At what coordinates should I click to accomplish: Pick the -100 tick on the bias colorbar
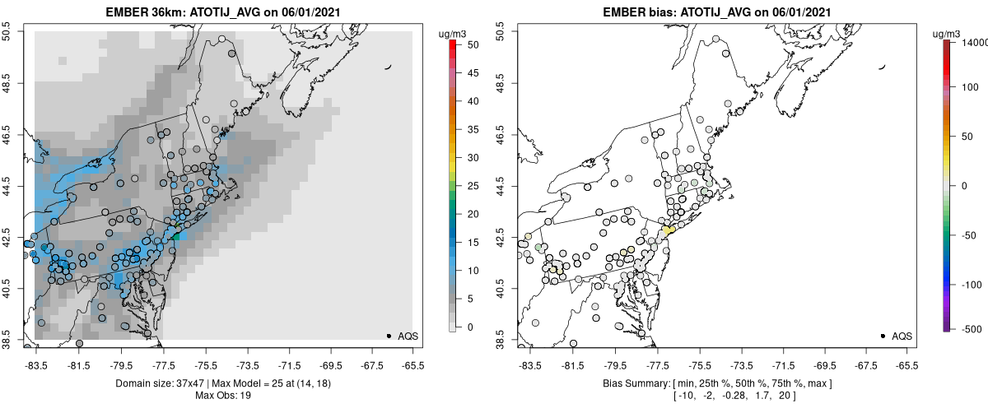[x=973, y=284]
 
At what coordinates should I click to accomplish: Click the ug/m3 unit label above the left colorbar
[x=454, y=33]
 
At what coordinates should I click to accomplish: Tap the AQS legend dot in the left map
[x=389, y=336]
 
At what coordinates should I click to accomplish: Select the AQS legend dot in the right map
[x=883, y=336]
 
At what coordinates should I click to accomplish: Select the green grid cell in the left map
[x=175, y=236]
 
